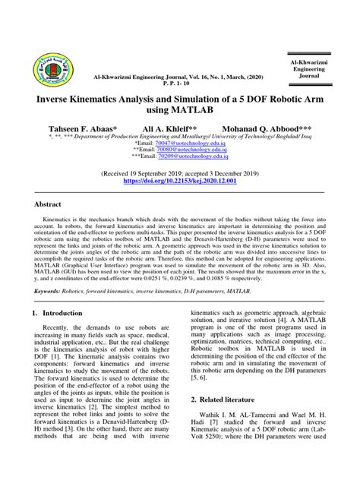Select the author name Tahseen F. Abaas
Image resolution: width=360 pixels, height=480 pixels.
click(x=83, y=130)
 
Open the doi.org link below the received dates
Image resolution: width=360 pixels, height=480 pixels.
click(x=179, y=182)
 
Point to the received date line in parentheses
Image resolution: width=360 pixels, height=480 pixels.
click(x=179, y=174)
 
